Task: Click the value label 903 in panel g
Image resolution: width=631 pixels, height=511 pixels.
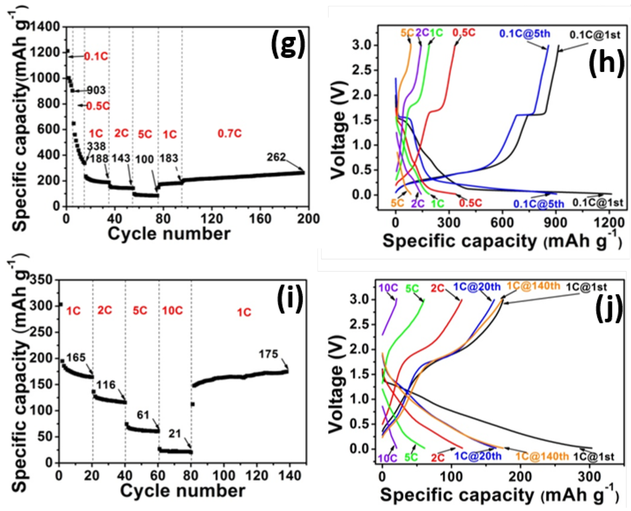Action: (95, 90)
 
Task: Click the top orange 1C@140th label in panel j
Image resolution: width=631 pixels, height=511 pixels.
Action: (534, 285)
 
